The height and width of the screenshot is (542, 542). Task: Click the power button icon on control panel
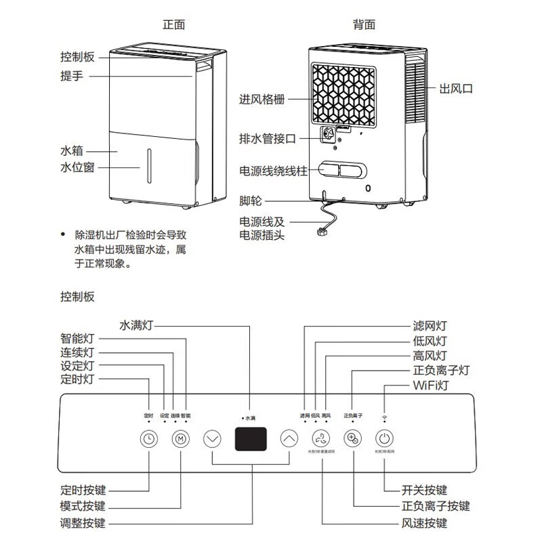pyautogui.click(x=384, y=438)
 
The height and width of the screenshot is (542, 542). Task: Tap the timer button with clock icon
pyautogui.click(x=148, y=438)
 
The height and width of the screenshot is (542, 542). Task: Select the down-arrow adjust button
pyautogui.click(x=213, y=438)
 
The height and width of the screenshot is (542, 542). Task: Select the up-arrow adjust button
pyautogui.click(x=289, y=438)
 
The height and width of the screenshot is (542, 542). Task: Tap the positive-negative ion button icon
pyautogui.click(x=352, y=438)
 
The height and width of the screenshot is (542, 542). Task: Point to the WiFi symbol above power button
pyautogui.click(x=384, y=414)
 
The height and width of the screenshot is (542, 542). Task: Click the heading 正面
pyautogui.click(x=174, y=24)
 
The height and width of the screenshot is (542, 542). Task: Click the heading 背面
pyautogui.click(x=364, y=24)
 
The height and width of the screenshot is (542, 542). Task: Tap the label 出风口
pyautogui.click(x=456, y=89)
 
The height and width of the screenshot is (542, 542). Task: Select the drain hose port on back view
pyautogui.click(x=330, y=135)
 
